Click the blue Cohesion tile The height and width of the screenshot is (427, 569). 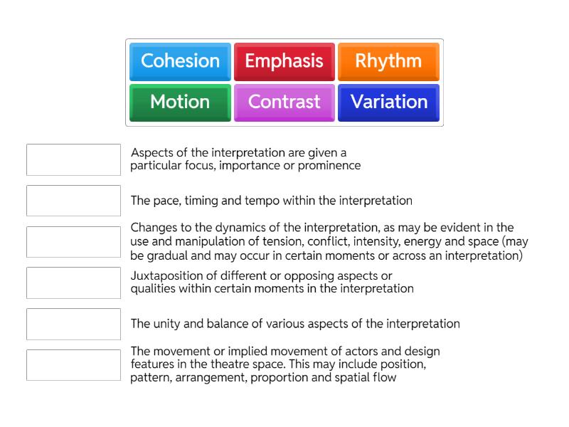point(180,61)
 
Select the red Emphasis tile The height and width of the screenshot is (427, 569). point(284,61)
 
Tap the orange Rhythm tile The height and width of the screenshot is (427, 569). point(388,61)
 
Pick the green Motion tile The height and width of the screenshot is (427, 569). point(180,102)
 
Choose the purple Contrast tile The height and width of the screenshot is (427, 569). point(284,102)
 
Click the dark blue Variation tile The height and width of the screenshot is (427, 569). point(388,102)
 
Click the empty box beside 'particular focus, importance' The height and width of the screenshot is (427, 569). point(73,159)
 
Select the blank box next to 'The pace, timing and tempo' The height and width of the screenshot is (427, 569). point(73,201)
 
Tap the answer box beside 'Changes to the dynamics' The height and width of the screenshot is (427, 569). point(73,242)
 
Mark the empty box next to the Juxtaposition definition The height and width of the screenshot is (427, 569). point(73,283)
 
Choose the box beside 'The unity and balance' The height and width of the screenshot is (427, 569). point(73,324)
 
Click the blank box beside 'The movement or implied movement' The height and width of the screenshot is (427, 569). point(73,365)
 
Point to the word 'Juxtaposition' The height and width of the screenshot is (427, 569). point(166,276)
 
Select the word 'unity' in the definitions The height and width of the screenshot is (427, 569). point(167,324)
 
